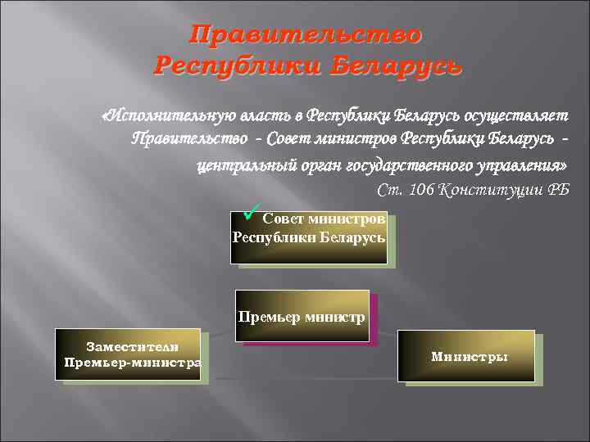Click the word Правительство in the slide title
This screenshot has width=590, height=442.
click(x=306, y=35)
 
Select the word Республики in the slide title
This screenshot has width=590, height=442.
click(x=238, y=65)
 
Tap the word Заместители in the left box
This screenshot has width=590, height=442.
click(x=133, y=347)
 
